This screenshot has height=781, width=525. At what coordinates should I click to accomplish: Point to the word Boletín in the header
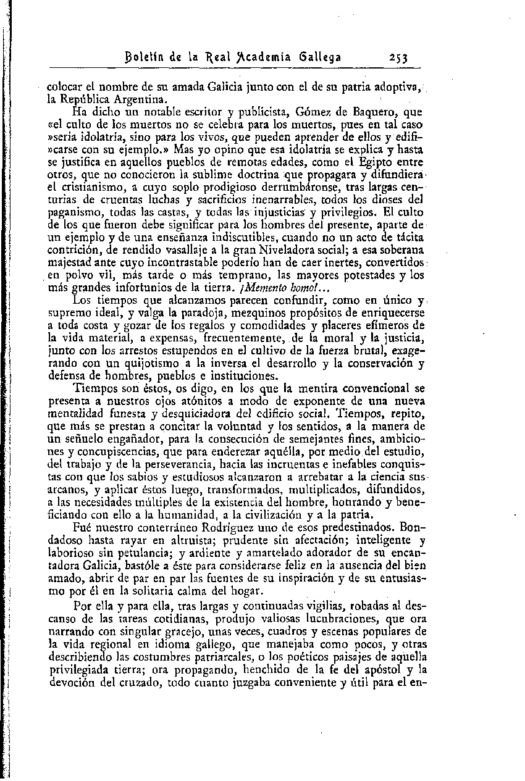(146, 58)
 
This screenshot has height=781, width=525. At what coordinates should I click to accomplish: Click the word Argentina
(141, 99)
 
